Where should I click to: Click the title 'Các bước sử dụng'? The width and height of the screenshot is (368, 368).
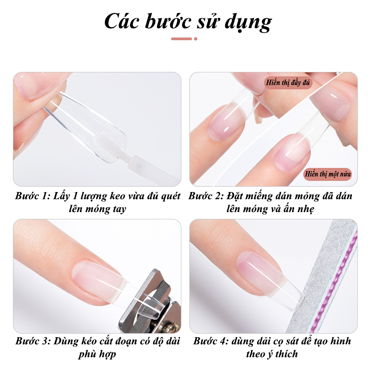[x=188, y=21]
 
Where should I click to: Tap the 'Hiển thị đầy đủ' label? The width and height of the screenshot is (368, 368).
[x=288, y=83]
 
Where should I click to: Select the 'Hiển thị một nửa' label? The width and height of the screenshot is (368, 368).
[x=328, y=174]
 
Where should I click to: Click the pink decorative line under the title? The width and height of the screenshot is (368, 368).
[x=182, y=39]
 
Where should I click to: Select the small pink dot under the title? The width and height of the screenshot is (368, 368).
[x=196, y=39]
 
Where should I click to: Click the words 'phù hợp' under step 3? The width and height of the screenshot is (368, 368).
[x=97, y=354]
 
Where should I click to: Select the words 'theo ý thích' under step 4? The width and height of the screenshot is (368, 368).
[x=272, y=354]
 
